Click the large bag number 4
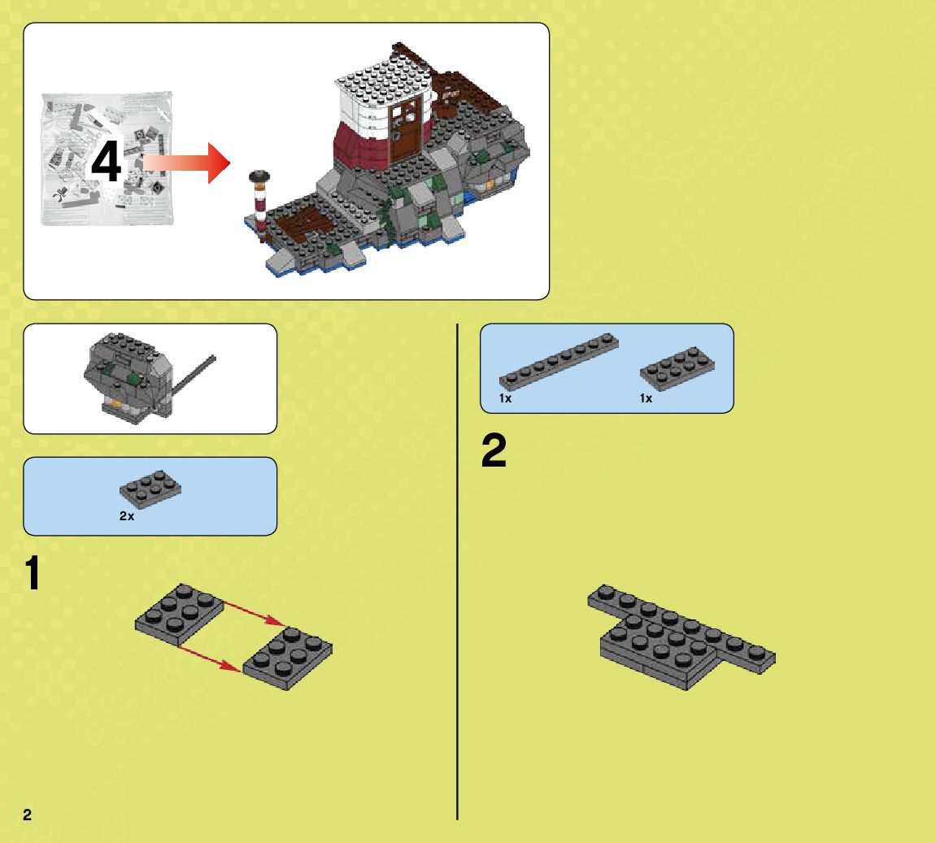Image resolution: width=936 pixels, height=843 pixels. pos(106,163)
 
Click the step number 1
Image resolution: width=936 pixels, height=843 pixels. pos(32,574)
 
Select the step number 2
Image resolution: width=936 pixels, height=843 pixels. pos(494,452)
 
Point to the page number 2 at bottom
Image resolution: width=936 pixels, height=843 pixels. pos(28,815)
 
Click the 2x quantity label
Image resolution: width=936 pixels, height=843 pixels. pos(127,516)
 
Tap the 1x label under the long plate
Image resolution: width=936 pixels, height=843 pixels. pos(505,398)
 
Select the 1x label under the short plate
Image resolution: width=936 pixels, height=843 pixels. pos(646,398)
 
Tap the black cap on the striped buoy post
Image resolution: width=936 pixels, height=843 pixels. pos(259,176)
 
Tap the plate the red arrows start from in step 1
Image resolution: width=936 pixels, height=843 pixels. pos(179,614)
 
